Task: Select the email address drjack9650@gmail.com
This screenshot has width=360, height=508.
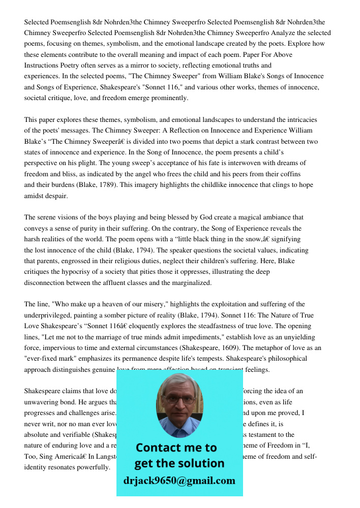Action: (x=179, y=481)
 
